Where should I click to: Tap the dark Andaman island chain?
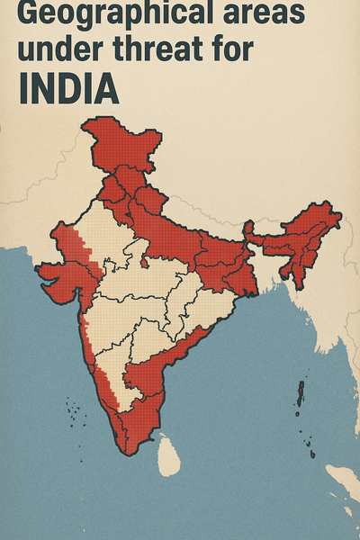pos(300,396)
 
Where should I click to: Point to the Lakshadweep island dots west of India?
pos(74,417)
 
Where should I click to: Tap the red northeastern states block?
pos(301,238)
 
